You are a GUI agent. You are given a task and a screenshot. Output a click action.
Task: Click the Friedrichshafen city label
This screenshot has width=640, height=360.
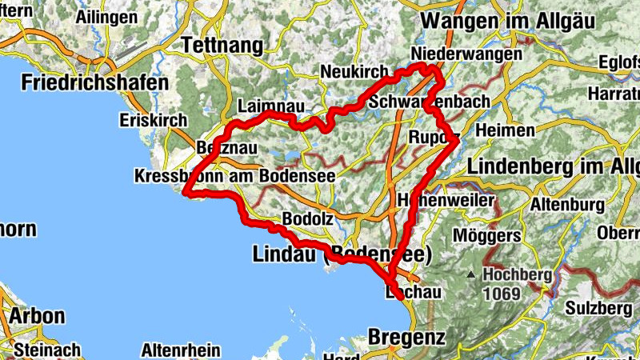[95, 82]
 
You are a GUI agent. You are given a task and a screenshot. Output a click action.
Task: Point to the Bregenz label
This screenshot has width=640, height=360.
[407, 338]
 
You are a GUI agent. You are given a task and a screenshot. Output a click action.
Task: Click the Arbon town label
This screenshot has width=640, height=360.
[36, 315]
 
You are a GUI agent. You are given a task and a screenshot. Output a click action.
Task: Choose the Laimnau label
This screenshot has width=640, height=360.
[269, 106]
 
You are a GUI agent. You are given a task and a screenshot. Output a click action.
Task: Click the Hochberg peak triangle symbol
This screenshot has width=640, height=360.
[474, 274]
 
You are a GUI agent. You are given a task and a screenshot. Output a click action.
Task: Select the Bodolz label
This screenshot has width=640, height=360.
[302, 218]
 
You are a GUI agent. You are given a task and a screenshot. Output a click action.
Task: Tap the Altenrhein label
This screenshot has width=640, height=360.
[175, 350]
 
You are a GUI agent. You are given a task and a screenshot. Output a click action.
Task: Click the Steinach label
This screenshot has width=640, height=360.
[47, 350]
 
